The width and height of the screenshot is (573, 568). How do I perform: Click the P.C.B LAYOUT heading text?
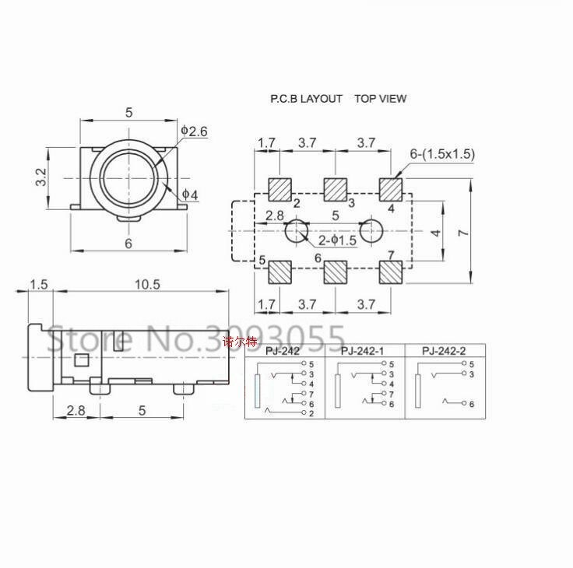pos(306,99)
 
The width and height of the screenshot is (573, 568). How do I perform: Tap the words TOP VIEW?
pos(380,99)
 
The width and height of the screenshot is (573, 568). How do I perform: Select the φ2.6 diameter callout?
pos(194,131)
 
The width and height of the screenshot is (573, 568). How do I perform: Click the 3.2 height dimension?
pos(41,177)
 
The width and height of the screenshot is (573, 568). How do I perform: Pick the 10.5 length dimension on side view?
pos(146,284)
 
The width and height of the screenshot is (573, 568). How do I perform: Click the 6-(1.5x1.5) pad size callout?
pos(442,154)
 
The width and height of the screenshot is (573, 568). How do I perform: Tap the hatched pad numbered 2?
pos(279,188)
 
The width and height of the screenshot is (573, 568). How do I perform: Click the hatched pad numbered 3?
pos(336,188)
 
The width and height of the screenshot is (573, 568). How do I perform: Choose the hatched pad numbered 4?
pos(391,188)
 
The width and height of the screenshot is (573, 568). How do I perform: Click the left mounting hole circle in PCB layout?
pos(297,230)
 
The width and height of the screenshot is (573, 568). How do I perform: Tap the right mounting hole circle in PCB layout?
pos(371,230)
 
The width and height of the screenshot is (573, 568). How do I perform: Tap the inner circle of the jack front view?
pos(129,177)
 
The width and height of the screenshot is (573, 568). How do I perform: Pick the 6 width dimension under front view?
pos(128,242)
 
